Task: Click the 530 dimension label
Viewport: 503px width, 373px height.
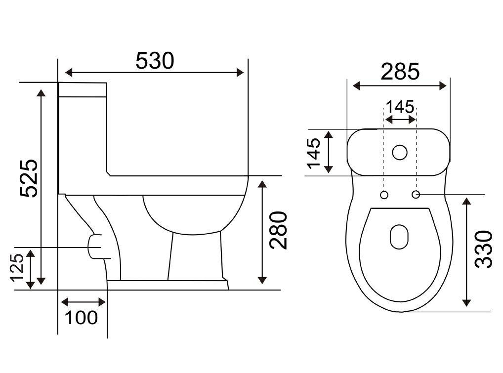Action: pyautogui.click(x=155, y=61)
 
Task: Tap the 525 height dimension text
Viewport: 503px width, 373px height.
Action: pyautogui.click(x=29, y=178)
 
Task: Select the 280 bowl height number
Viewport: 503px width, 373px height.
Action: pyautogui.click(x=278, y=230)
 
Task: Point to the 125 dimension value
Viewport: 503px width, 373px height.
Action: pyautogui.click(x=17, y=268)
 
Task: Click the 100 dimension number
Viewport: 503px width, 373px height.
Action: pyautogui.click(x=81, y=318)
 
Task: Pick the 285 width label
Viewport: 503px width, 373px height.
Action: pyautogui.click(x=400, y=72)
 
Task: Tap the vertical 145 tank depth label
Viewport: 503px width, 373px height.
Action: pyautogui.click(x=313, y=153)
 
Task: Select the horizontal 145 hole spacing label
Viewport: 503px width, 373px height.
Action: pyautogui.click(x=400, y=107)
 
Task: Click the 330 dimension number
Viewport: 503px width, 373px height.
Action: pyautogui.click(x=483, y=249)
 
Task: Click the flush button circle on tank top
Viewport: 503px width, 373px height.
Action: pyautogui.click(x=400, y=152)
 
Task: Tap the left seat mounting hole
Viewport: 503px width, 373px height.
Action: pyautogui.click(x=384, y=195)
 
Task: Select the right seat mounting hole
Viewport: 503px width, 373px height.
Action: pyautogui.click(x=416, y=194)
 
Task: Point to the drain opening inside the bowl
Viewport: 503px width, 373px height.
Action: pyautogui.click(x=399, y=237)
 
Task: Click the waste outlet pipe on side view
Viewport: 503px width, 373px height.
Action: pyautogui.click(x=95, y=247)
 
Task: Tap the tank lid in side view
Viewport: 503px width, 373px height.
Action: pyautogui.click(x=83, y=89)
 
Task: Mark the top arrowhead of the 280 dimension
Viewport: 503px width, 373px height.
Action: pyautogui.click(x=262, y=184)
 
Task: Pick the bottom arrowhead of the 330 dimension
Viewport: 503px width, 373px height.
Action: pyautogui.click(x=466, y=302)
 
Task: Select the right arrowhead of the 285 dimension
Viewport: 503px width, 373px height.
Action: pyautogui.click(x=442, y=86)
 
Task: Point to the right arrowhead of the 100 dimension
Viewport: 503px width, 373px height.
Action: pyautogui.click(x=102, y=302)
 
